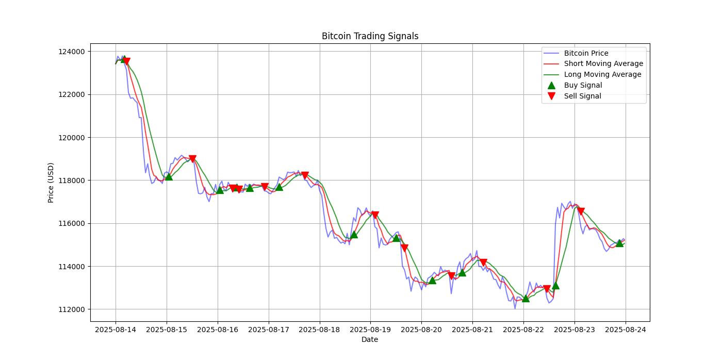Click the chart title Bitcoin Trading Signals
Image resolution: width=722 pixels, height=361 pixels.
(x=370, y=36)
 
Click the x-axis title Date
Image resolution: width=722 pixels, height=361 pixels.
(x=370, y=339)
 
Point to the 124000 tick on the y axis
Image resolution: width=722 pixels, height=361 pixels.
(x=71, y=52)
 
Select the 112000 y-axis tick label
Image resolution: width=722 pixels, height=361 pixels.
(x=71, y=309)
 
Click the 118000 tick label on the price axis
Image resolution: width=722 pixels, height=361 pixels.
(x=71, y=180)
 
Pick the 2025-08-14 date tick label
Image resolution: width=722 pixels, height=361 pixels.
(x=116, y=329)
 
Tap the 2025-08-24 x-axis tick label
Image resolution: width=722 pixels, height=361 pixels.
(x=626, y=329)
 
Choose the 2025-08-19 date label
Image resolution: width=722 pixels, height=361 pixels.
(x=370, y=329)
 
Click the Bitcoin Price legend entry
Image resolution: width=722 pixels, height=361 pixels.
(x=586, y=53)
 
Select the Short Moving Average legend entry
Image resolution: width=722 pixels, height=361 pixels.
(x=603, y=64)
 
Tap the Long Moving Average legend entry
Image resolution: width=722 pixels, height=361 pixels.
(x=602, y=75)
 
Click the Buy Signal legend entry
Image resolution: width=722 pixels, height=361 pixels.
(x=583, y=86)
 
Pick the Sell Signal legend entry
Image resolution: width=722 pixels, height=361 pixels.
(x=582, y=96)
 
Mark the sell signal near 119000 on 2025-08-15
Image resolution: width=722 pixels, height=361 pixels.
(x=192, y=159)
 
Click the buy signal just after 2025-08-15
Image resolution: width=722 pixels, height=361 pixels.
(x=169, y=176)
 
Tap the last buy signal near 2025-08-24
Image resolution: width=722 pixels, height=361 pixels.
(x=619, y=243)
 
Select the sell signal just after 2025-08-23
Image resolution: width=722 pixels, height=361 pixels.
(x=581, y=211)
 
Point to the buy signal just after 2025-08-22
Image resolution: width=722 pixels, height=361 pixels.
(x=526, y=298)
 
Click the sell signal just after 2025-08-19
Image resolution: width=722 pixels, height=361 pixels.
(x=375, y=215)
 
